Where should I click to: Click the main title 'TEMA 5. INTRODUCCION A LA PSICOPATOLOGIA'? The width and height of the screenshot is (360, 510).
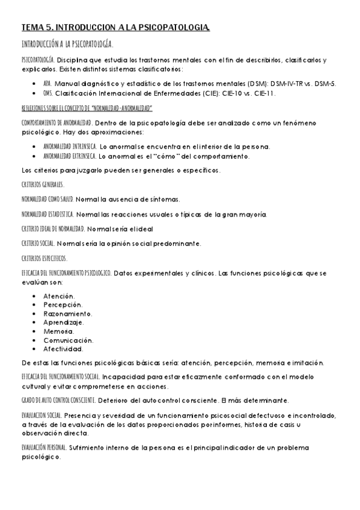tap(115, 28)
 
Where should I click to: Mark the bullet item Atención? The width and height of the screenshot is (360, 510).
tap(59, 296)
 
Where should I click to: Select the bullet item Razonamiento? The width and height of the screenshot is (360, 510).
tap(67, 313)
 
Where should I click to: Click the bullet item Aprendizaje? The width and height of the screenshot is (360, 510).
tap(64, 322)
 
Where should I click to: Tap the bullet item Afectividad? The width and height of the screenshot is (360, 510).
tap(63, 348)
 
